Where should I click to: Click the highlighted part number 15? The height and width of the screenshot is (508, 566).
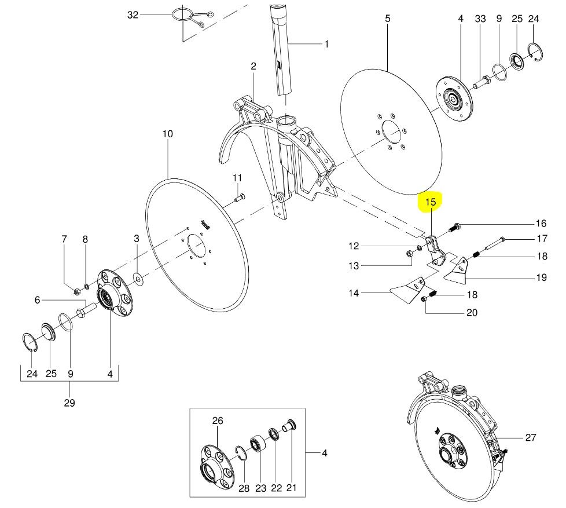[x=430, y=202]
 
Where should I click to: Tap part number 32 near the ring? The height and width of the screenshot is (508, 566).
[x=133, y=15]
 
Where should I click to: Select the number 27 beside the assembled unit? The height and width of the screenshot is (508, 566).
[x=531, y=438]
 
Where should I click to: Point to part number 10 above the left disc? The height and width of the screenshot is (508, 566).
[x=167, y=134]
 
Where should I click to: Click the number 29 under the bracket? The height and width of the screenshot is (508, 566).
[x=69, y=403]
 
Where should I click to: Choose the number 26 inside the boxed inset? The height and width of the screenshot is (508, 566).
[x=217, y=421]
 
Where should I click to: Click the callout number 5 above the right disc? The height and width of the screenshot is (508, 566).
[x=387, y=19]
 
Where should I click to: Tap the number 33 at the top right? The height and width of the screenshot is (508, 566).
[x=480, y=19]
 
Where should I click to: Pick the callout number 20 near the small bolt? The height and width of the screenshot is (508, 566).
[x=472, y=313]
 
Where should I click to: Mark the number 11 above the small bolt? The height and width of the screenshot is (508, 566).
[x=238, y=177]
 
